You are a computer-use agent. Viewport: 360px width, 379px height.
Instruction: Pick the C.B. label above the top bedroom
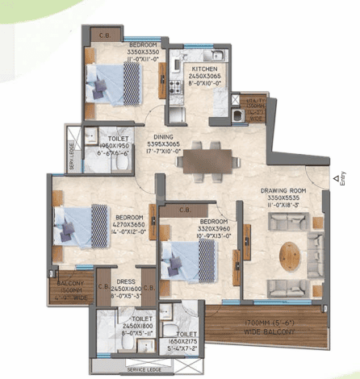[x=104, y=33]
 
